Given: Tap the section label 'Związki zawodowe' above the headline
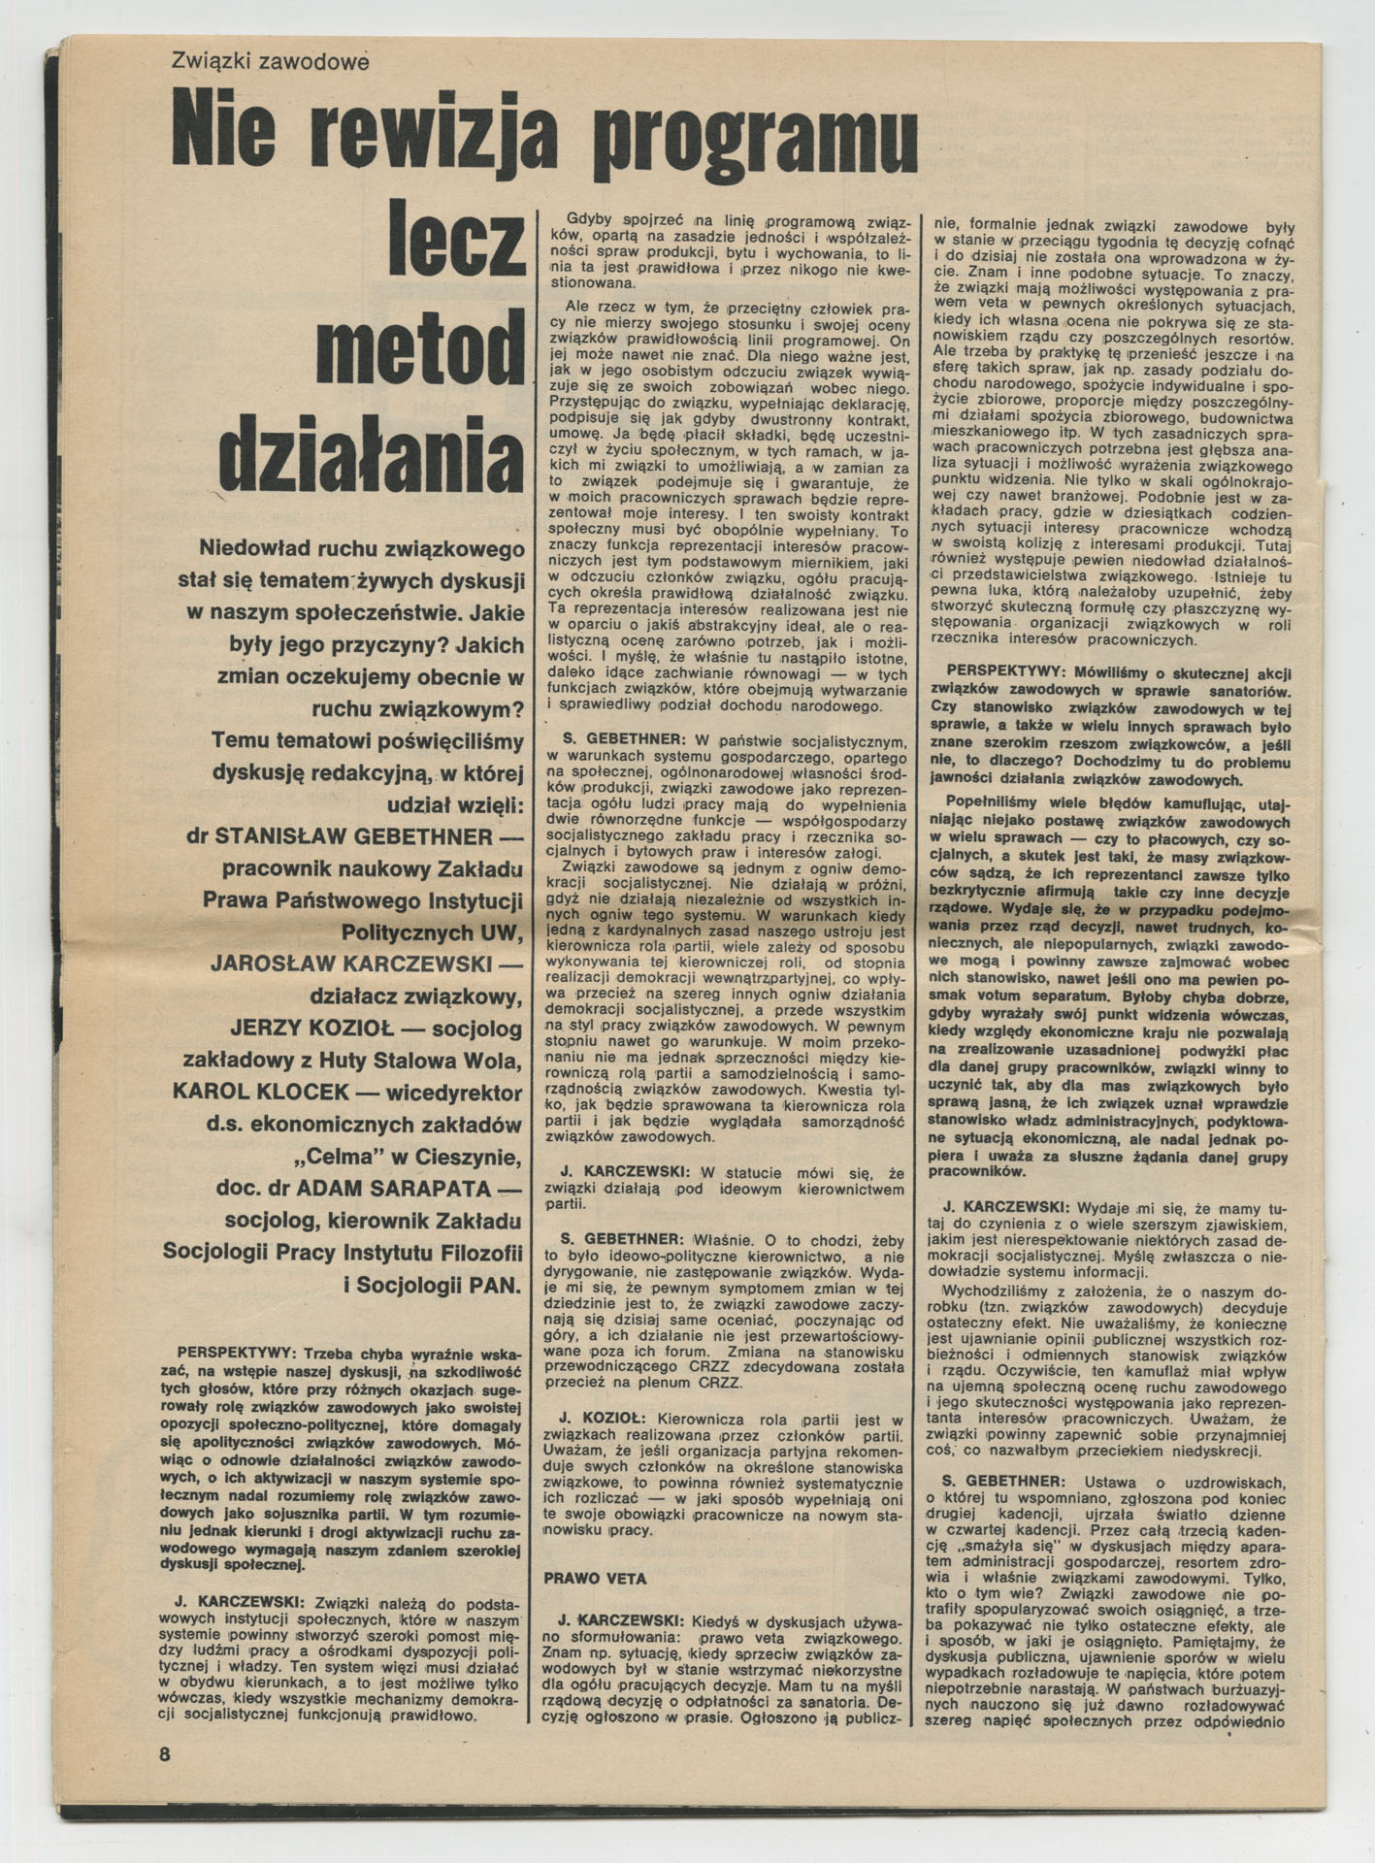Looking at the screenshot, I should (x=271, y=61).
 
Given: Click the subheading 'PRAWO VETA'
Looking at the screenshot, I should (x=595, y=1579).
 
